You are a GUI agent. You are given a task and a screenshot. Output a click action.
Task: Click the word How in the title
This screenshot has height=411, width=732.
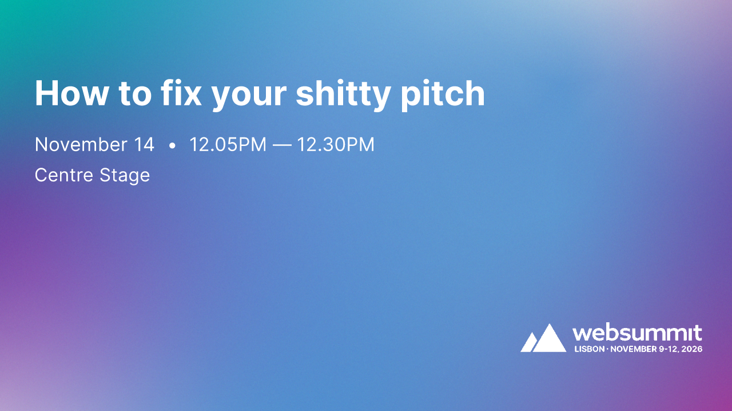click(x=71, y=93)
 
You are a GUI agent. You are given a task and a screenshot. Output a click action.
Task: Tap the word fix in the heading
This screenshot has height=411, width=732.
click(x=178, y=93)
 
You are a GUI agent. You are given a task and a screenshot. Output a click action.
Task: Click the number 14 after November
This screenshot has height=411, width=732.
click(x=144, y=145)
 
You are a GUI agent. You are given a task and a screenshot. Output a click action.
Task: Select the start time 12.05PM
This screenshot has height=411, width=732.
click(x=228, y=145)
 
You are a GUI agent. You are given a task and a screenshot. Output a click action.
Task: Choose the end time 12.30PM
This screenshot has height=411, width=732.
click(x=336, y=145)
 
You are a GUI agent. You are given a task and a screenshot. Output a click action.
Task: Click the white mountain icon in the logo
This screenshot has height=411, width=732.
click(x=543, y=338)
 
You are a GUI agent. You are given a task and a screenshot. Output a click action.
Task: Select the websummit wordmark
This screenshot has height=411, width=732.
click(x=637, y=333)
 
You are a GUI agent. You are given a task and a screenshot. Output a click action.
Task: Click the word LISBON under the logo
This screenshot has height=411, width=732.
click(x=588, y=349)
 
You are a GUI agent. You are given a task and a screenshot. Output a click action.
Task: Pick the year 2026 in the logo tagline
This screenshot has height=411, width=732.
click(x=692, y=349)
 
